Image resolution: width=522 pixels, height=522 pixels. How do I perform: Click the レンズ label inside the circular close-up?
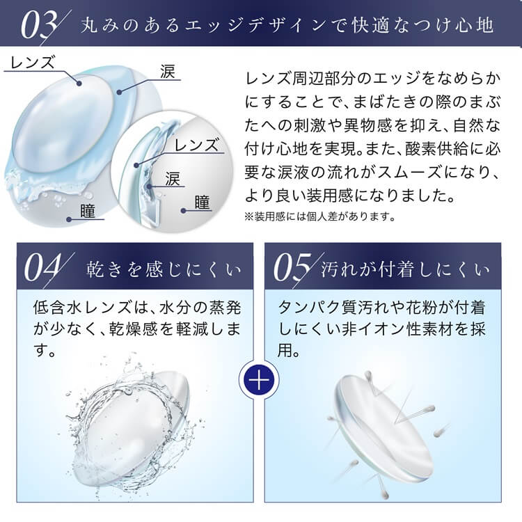(197, 145)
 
